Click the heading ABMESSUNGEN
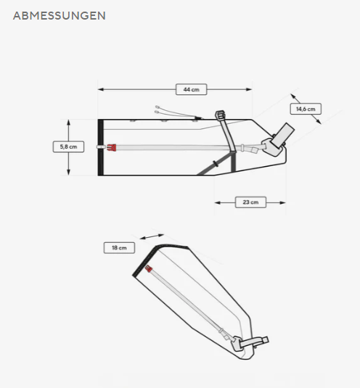click(x=60, y=15)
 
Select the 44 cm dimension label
click(x=191, y=89)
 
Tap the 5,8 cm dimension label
click(x=68, y=146)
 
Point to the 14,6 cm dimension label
click(x=306, y=109)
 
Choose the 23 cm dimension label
click(x=250, y=202)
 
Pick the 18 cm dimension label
click(x=119, y=248)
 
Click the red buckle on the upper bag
click(x=112, y=147)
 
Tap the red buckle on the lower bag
click(x=148, y=269)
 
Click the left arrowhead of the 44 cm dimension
click(x=101, y=89)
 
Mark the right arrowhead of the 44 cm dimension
click(x=249, y=89)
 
